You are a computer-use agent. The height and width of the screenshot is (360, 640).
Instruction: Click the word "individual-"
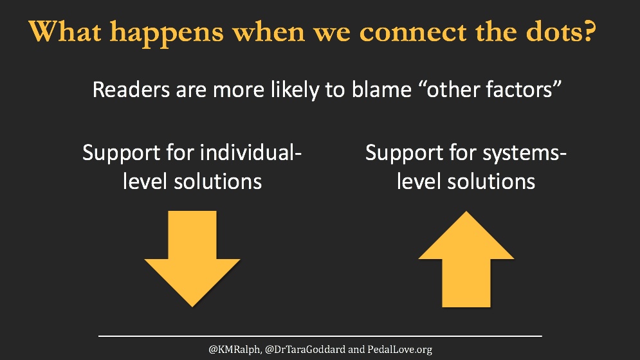pyautogui.click(x=251, y=154)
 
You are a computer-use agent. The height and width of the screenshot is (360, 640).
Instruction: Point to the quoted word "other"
pyautogui.click(x=437, y=89)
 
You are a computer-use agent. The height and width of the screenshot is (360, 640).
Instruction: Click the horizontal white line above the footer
pyautogui.click(x=320, y=336)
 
